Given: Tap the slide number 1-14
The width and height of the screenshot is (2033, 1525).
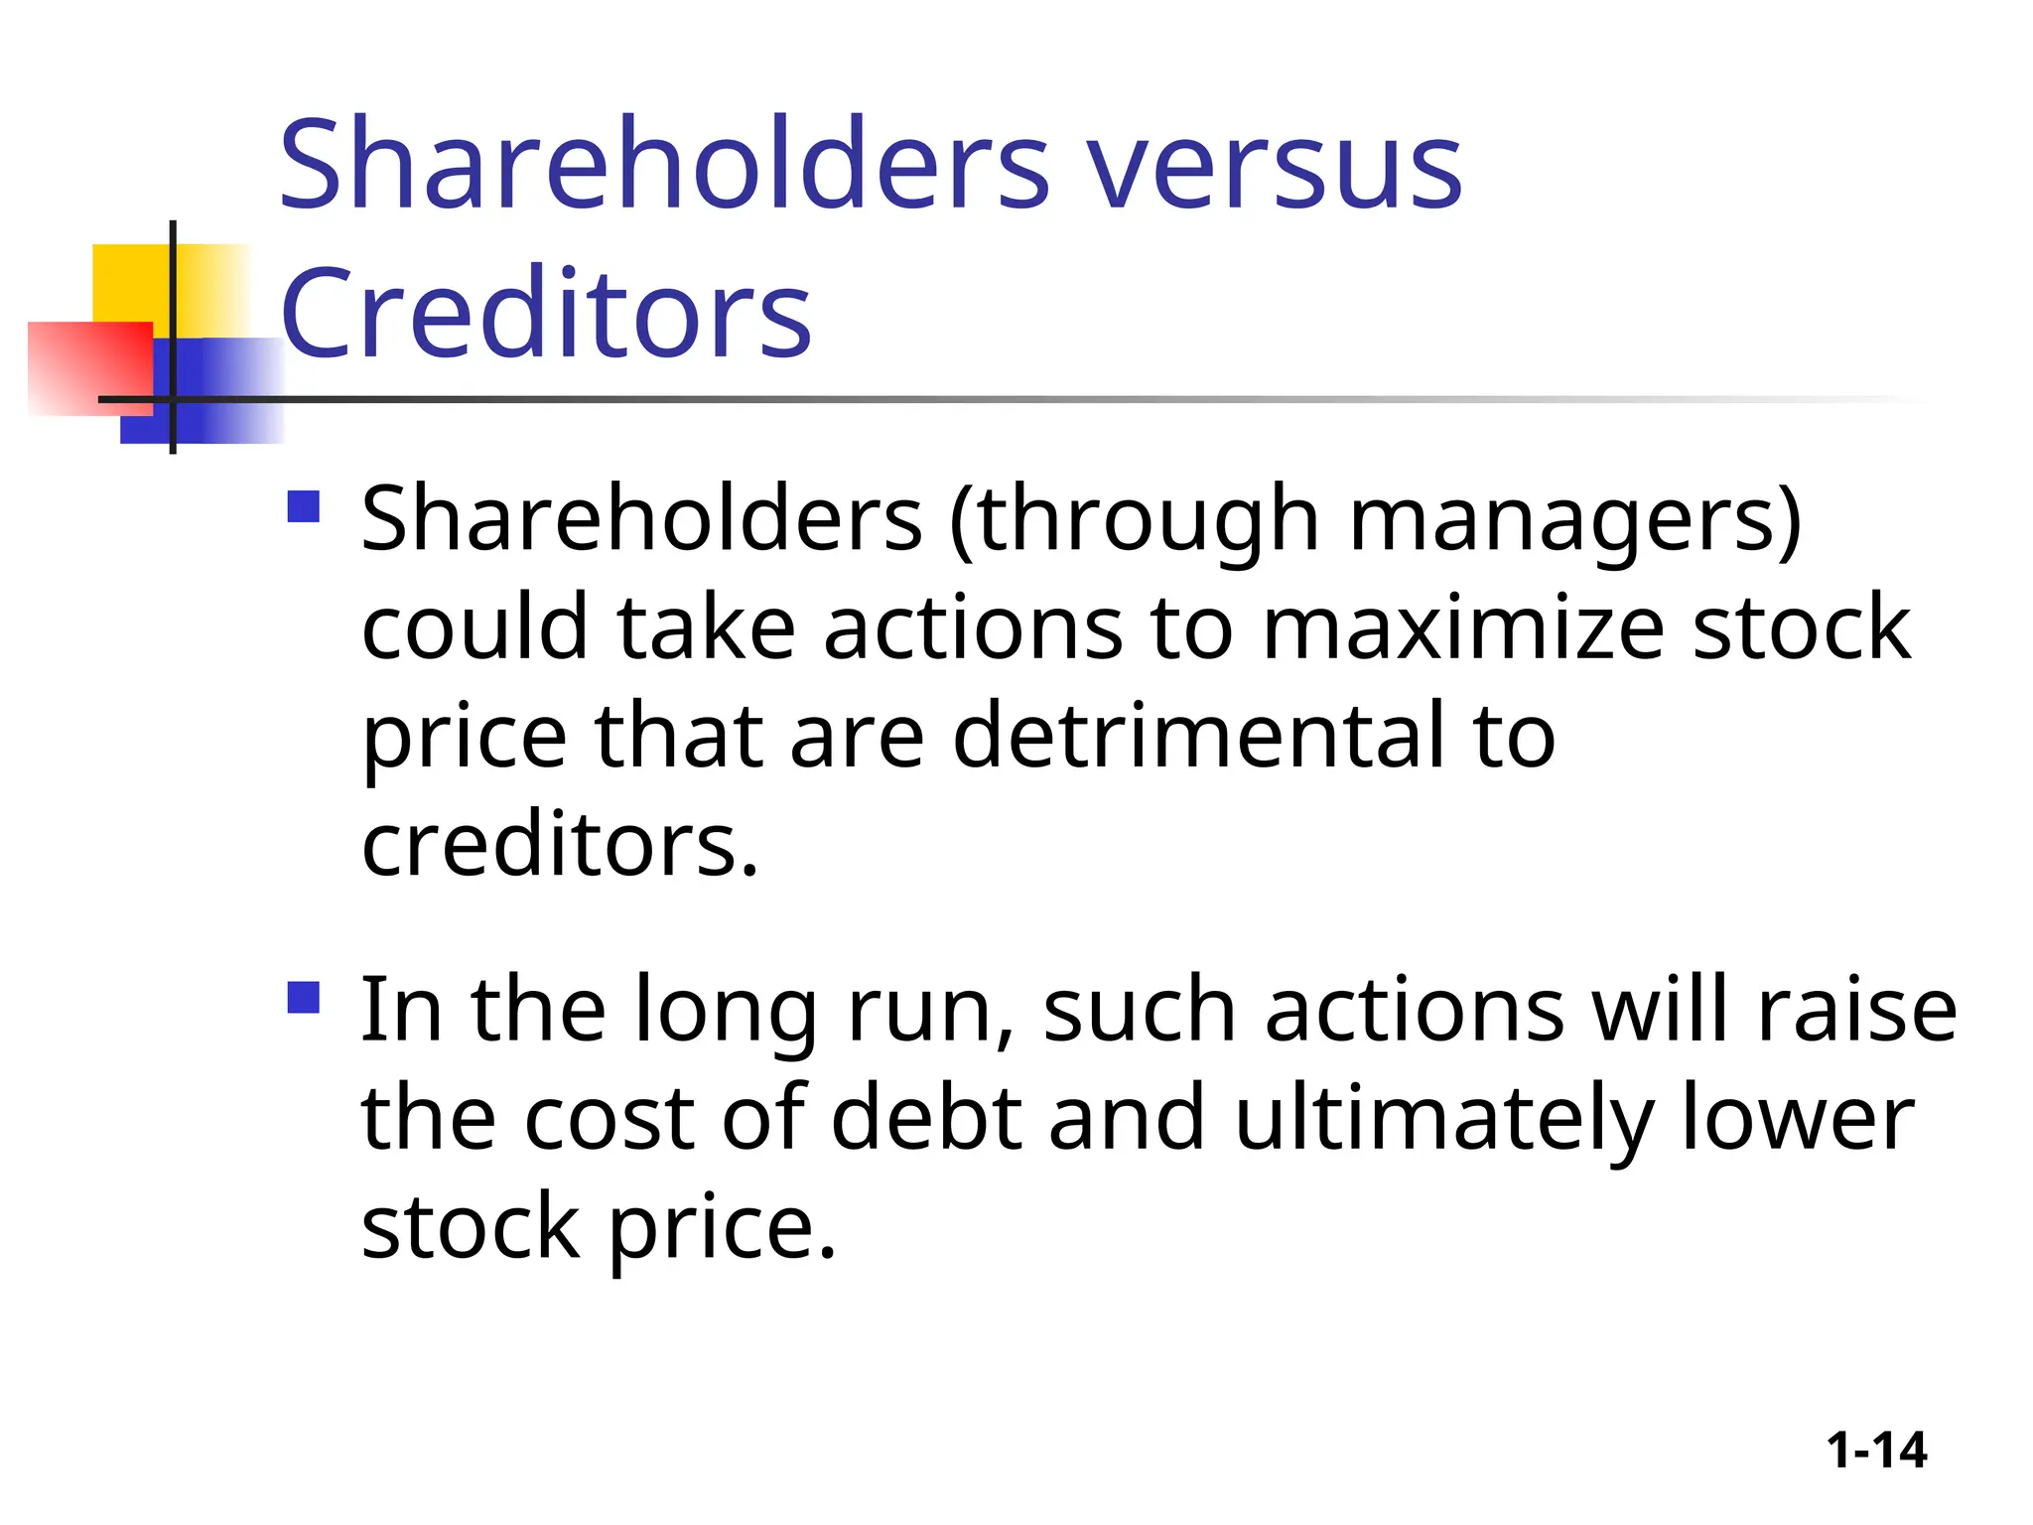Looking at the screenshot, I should tap(1876, 1451).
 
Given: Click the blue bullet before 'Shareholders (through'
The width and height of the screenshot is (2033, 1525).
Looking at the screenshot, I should tap(303, 507).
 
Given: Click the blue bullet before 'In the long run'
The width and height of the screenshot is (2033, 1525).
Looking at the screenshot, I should tap(303, 997).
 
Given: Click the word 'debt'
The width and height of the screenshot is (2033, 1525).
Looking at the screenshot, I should tap(926, 1118).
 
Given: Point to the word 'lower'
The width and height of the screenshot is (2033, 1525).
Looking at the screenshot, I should tap(1798, 1118).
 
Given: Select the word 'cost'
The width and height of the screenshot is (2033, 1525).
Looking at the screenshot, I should tap(609, 1118).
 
